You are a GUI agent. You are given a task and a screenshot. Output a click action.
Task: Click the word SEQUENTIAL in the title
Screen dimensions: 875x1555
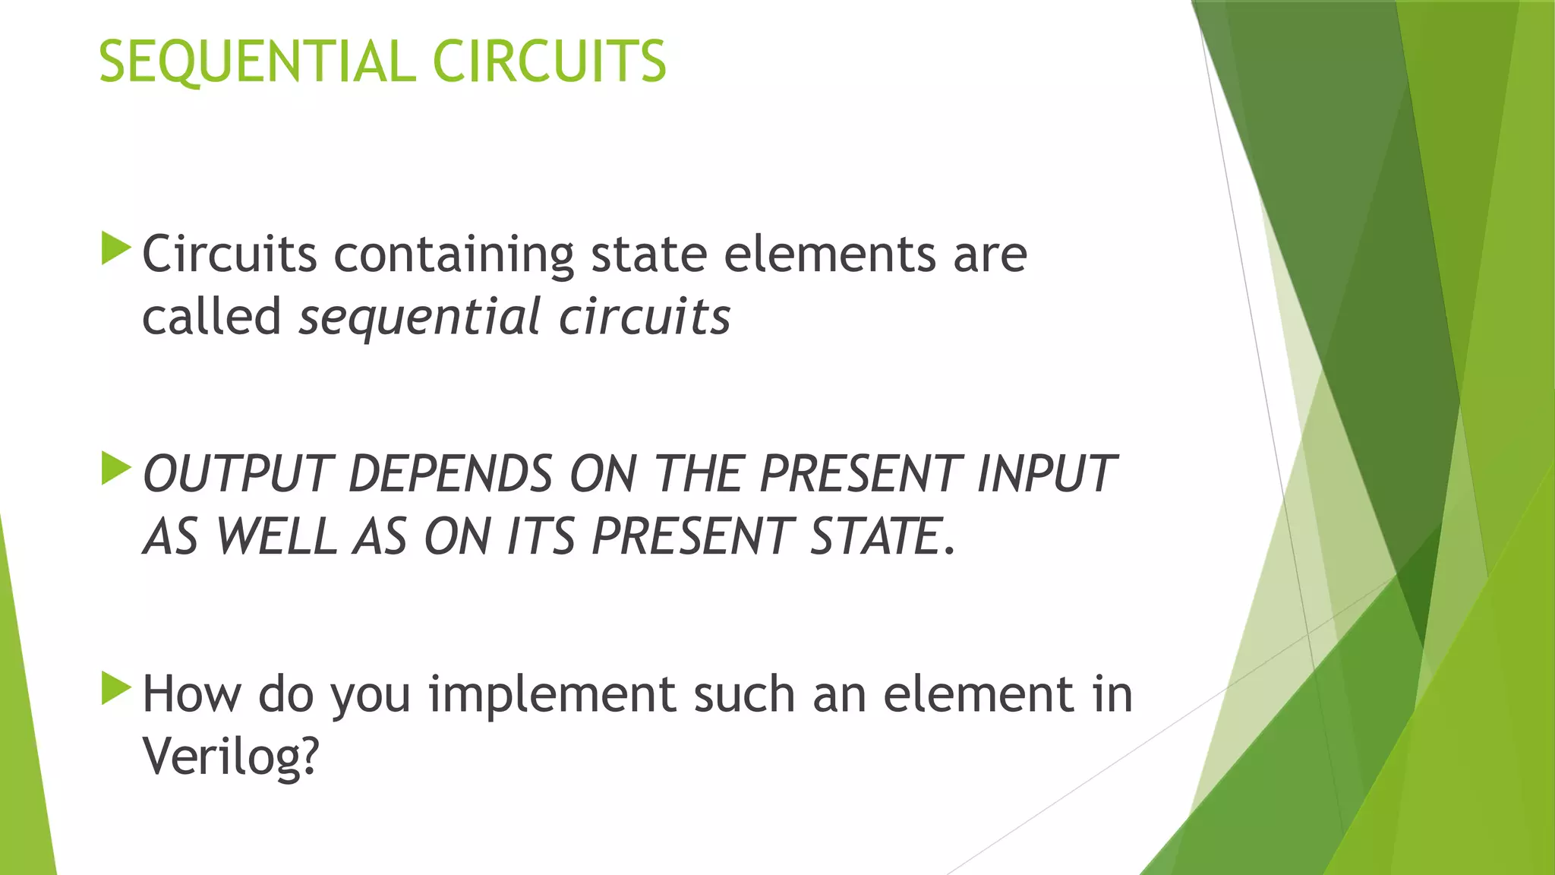coord(257,62)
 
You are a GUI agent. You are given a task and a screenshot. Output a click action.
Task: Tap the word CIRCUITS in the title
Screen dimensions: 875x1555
coord(549,62)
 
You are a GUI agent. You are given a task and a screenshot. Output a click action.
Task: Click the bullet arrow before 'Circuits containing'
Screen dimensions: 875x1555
coord(115,249)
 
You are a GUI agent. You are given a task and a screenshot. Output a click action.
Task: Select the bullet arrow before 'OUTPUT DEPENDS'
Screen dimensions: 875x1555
coord(115,469)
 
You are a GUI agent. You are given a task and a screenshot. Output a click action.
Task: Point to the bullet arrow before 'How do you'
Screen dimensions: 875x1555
coord(115,688)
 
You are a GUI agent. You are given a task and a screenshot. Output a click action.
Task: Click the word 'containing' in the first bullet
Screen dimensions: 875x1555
coord(453,254)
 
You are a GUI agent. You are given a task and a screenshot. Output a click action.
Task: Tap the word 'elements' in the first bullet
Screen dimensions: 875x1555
coord(829,254)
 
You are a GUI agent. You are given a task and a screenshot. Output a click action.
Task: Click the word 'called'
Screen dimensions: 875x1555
coord(212,317)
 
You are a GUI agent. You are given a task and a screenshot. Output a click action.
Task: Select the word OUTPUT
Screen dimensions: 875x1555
coord(238,474)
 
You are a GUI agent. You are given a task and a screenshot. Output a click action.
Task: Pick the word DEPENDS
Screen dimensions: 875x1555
coord(450,474)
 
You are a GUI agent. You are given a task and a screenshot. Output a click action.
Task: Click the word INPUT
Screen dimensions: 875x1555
coord(1046,474)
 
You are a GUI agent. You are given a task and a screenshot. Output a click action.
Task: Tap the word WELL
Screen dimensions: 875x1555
coord(276,537)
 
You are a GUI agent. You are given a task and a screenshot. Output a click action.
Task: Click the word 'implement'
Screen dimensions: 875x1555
coord(552,694)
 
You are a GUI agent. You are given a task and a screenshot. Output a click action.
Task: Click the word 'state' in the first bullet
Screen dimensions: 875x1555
coord(649,254)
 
